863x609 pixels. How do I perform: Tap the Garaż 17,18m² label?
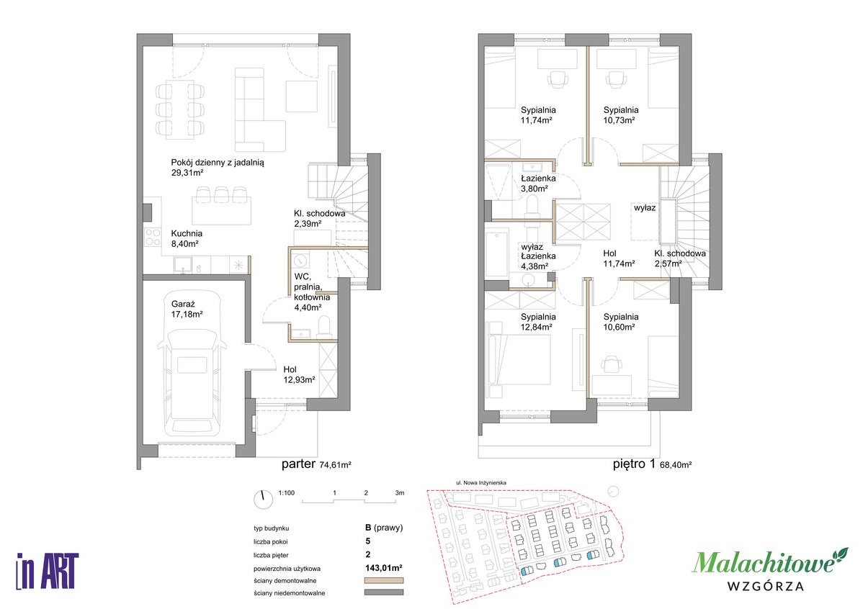click(x=187, y=309)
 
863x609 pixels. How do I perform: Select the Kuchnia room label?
click(x=187, y=233)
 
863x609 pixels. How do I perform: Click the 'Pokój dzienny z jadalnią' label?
click(x=218, y=163)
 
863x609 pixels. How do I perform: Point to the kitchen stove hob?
click(x=152, y=237)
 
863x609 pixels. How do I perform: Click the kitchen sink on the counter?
click(x=183, y=266)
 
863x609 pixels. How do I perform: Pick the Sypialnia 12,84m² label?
click(x=537, y=322)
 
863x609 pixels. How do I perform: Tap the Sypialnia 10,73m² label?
click(x=621, y=115)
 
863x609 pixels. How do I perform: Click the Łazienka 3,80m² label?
click(x=538, y=183)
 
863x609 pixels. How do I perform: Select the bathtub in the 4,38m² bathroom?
click(x=498, y=255)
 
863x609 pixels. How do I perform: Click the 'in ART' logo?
click(x=48, y=571)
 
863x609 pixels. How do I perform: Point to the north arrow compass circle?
click(x=264, y=499)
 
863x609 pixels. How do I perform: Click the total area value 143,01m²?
click(x=383, y=568)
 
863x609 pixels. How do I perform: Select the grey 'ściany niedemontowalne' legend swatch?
click(x=384, y=592)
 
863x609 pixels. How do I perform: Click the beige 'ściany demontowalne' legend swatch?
click(x=384, y=580)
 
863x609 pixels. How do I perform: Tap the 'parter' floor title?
click(x=298, y=464)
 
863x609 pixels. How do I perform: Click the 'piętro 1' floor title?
click(x=634, y=464)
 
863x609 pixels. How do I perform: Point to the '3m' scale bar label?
click(x=400, y=493)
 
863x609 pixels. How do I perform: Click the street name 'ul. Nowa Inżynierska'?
click(x=481, y=482)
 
